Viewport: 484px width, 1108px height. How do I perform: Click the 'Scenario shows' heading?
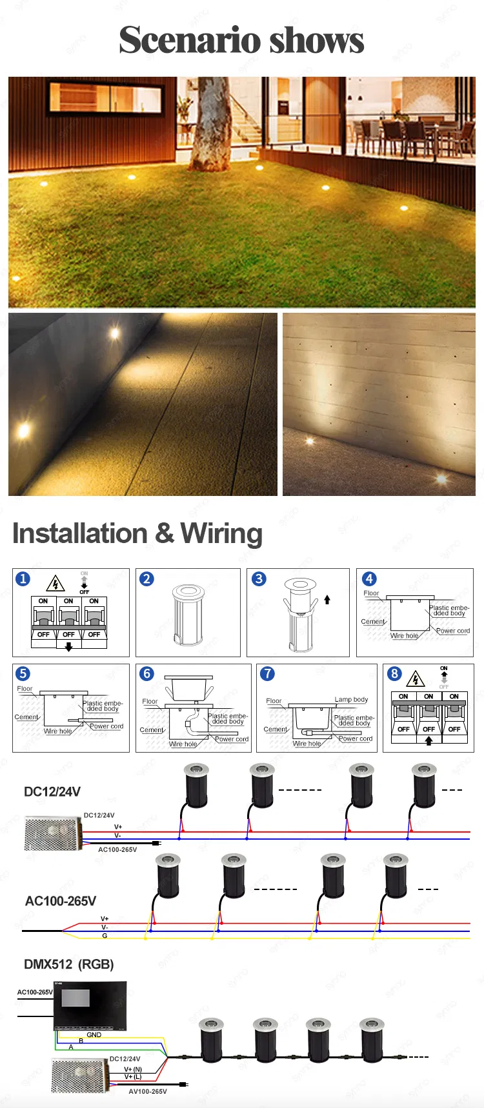click(x=241, y=40)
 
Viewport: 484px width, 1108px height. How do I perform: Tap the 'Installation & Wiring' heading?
click(x=137, y=533)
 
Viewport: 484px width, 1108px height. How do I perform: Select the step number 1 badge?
click(x=23, y=579)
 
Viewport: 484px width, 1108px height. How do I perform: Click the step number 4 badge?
click(x=369, y=579)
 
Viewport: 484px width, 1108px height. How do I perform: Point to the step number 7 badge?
click(x=267, y=674)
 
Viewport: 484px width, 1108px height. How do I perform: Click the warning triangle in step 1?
click(x=55, y=584)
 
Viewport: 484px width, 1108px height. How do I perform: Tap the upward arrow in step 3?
click(x=327, y=600)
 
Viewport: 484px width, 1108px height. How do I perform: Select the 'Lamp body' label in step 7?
click(x=351, y=699)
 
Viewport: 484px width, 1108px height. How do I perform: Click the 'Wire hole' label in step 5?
click(x=58, y=731)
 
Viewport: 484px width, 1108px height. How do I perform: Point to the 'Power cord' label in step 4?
click(x=453, y=631)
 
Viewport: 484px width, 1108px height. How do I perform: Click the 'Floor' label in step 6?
click(x=150, y=701)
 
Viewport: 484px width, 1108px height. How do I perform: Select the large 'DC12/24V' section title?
click(x=52, y=792)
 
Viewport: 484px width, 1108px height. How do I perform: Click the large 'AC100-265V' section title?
click(x=61, y=901)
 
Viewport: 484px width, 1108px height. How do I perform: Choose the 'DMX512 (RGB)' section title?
click(x=69, y=964)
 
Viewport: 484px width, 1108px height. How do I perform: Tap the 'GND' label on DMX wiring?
click(x=94, y=1034)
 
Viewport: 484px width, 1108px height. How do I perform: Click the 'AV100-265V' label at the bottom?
click(x=148, y=1091)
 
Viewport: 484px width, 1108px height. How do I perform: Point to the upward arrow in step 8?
click(x=429, y=740)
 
